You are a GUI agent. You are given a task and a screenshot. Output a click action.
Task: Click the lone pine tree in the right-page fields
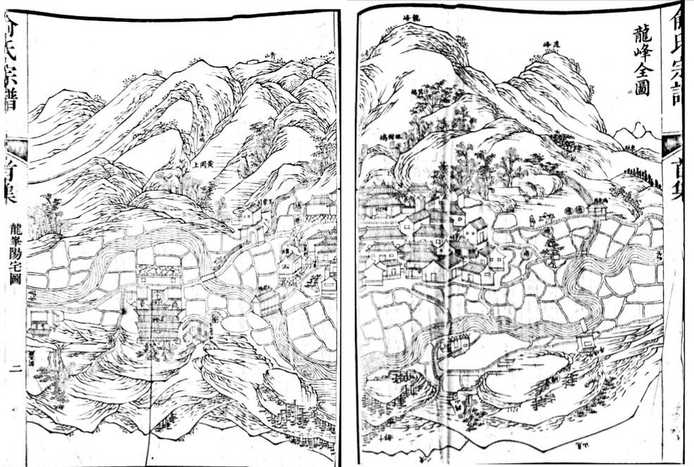pos(552,249)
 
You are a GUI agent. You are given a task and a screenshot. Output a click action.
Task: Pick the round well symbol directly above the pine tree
pos(548,230)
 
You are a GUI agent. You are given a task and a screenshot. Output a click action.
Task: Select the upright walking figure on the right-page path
pos(531,220)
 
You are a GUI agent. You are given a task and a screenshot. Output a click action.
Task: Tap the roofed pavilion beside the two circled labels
pos(596,209)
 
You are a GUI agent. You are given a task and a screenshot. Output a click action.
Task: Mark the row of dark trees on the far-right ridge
pos(643,176)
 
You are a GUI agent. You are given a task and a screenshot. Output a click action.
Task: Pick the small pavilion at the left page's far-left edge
pos(40,319)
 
